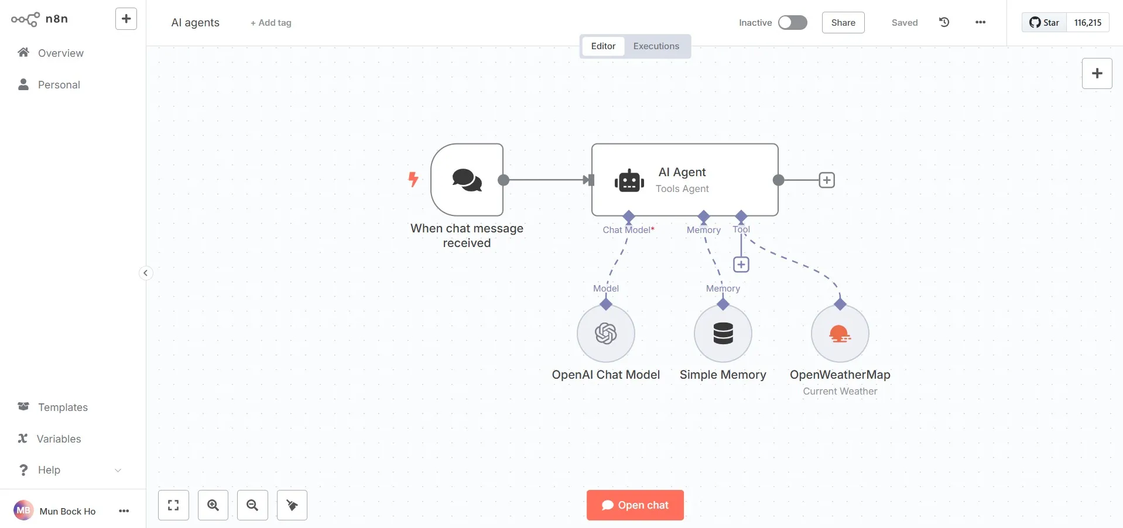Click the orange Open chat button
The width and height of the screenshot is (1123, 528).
click(635, 505)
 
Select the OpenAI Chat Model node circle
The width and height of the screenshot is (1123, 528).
click(605, 334)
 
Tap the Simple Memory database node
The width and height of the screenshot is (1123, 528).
click(723, 334)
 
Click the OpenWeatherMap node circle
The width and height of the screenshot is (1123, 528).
click(840, 334)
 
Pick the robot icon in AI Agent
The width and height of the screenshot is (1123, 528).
click(629, 181)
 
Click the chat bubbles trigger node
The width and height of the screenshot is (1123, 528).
click(467, 180)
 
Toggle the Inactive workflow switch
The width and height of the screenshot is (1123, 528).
click(792, 22)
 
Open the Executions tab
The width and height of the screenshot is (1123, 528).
click(656, 46)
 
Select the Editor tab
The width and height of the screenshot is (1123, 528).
click(603, 46)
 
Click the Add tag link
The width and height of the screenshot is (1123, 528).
click(271, 23)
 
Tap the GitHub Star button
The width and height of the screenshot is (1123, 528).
click(1044, 22)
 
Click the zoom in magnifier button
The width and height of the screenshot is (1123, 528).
click(213, 505)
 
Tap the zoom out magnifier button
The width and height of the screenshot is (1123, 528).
click(252, 505)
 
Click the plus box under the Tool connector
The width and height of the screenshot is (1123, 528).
click(741, 265)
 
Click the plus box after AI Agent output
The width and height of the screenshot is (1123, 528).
click(827, 180)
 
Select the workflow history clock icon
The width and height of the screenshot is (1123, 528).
click(944, 22)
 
